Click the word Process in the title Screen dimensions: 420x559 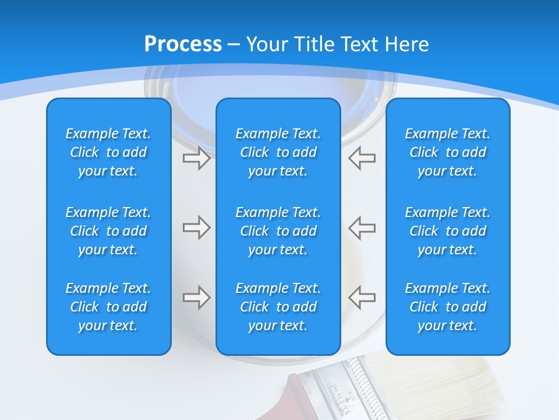(183, 44)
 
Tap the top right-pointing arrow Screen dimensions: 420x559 (197, 158)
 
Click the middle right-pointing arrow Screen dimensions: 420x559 (197, 228)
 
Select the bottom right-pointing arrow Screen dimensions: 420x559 (197, 297)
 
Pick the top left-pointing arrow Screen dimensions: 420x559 (362, 158)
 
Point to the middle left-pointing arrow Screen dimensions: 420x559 (362, 228)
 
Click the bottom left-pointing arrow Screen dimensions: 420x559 (362, 297)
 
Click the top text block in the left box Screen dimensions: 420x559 (108, 152)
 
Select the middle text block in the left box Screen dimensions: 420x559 (108, 231)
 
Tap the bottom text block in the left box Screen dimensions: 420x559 (108, 307)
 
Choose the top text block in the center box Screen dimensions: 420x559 (278, 152)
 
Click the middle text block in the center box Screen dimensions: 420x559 (278, 231)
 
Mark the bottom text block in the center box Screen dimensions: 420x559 (278, 307)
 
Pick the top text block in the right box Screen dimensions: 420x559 (447, 152)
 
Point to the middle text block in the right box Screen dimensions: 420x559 (447, 231)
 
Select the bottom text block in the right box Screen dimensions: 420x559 (447, 307)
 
